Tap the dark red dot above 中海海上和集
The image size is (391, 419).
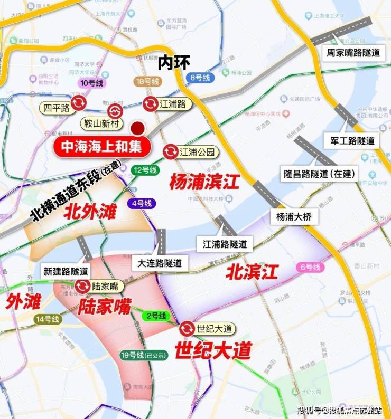138,128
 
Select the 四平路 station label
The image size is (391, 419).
57,108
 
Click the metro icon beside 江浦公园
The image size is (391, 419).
170,152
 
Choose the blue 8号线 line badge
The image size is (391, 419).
199,77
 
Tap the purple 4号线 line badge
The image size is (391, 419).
141,203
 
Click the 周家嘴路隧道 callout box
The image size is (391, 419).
346,53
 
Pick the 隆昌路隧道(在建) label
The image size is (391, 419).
319,173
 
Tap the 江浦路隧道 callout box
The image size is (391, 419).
225,244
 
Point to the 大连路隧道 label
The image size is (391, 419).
159,262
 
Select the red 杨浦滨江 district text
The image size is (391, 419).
204,183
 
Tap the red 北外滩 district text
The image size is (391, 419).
90,212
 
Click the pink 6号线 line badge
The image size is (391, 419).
309,268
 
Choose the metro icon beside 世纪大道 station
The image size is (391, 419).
187,329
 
